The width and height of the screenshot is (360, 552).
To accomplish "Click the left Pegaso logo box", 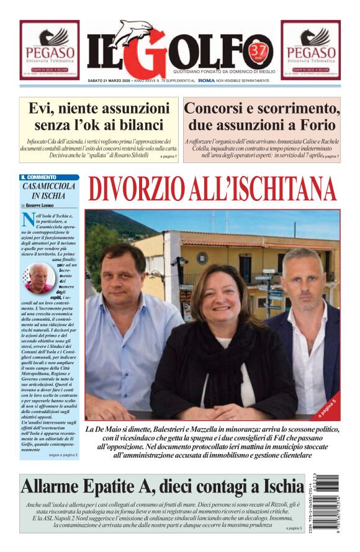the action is pos(50,50).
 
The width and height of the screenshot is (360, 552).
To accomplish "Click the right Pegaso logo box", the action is pos(310,50).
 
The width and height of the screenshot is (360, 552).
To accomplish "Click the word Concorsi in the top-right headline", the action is pos(218,108).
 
